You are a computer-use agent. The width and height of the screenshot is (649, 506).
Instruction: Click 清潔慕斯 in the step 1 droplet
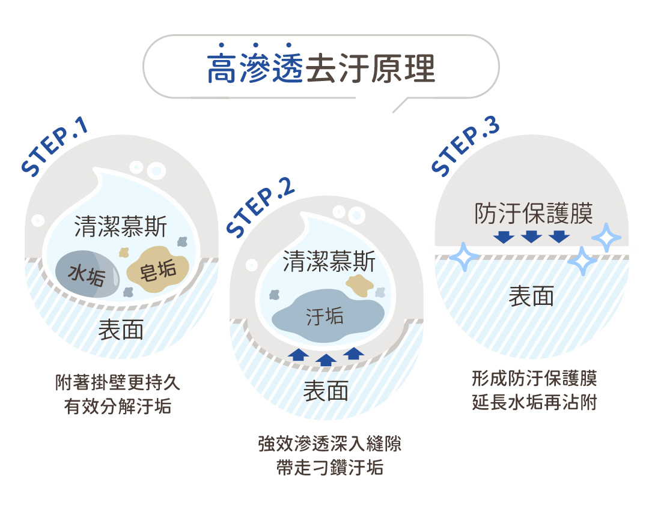tap(121, 227)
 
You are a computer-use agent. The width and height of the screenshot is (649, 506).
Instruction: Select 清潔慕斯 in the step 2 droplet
tap(329, 262)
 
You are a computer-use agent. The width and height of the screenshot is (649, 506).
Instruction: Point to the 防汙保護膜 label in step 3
tap(534, 213)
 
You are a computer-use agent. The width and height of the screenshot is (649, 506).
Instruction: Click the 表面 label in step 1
tap(121, 330)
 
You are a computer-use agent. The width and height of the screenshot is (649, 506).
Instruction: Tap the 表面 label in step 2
tap(326, 391)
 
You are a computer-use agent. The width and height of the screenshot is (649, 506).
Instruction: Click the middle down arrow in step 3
tap(532, 236)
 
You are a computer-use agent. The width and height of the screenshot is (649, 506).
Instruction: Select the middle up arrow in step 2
tap(326, 359)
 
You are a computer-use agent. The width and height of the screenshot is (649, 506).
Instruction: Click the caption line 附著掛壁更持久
tap(118, 382)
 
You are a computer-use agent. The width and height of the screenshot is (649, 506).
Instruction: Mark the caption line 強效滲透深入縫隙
tap(329, 445)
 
